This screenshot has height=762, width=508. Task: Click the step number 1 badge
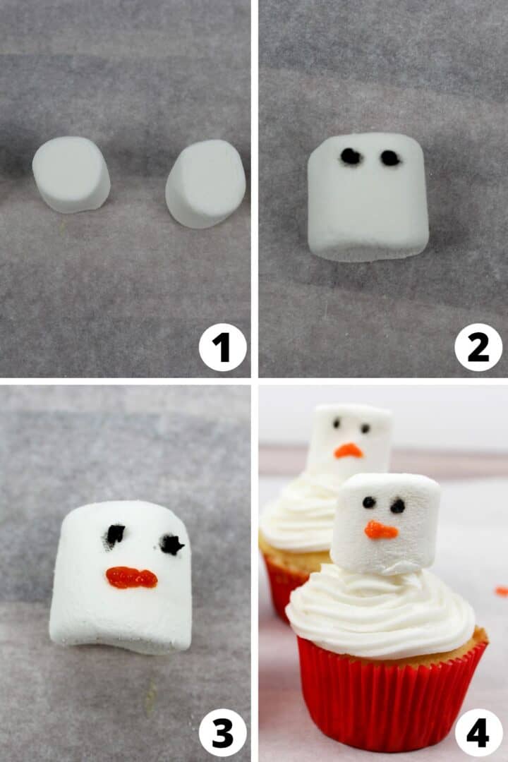(222, 347)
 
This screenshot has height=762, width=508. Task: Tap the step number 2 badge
(478, 347)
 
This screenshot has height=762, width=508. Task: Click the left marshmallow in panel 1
(71, 174)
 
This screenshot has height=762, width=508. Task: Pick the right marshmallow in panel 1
(205, 183)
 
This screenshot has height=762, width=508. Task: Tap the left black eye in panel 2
(351, 157)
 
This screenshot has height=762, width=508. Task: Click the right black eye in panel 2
(390, 158)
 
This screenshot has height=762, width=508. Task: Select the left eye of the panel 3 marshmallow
(115, 535)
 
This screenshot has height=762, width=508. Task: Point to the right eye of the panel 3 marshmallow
(171, 544)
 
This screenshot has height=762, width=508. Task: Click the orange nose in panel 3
(131, 578)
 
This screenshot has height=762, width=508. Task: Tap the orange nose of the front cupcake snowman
(381, 530)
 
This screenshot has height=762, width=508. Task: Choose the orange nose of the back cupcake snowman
(348, 451)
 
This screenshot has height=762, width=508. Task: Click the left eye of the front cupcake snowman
(369, 502)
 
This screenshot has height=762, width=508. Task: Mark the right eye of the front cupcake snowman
(398, 506)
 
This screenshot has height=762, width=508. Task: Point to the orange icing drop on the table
(501, 591)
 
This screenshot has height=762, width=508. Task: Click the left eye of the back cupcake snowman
(337, 423)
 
